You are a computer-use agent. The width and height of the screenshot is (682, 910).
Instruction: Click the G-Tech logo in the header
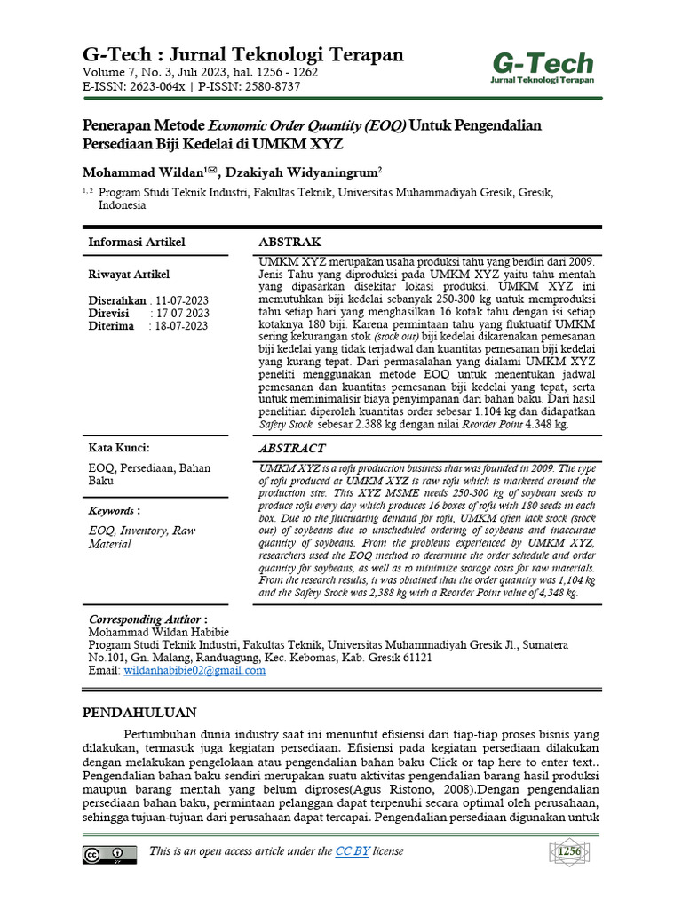[x=543, y=68]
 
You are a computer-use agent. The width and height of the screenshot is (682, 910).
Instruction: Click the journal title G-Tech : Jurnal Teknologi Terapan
[x=242, y=54]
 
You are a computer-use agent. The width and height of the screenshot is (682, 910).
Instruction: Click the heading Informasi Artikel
[x=137, y=243]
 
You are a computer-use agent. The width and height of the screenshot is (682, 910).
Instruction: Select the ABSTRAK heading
[x=289, y=243]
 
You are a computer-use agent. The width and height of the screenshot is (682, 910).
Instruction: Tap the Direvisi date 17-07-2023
[x=182, y=313]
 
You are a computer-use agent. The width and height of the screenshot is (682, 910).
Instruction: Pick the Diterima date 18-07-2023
[x=182, y=326]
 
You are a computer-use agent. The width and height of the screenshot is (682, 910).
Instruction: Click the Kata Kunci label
[x=119, y=447]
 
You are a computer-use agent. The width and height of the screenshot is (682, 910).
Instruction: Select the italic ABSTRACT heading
[x=293, y=449]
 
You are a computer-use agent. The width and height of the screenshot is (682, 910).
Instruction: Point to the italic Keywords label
[x=112, y=511]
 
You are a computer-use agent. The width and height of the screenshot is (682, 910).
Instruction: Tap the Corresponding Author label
[x=148, y=619]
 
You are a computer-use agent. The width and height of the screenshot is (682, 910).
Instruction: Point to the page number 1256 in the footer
[x=569, y=853]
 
